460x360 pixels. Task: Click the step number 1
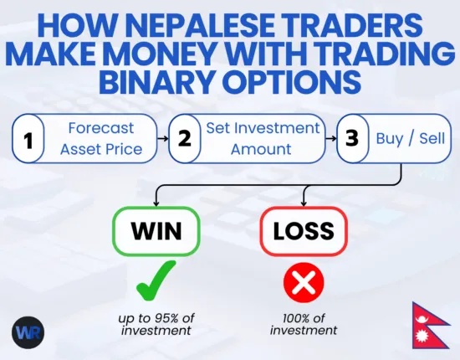click(x=28, y=140)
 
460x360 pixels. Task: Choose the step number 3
click(x=353, y=139)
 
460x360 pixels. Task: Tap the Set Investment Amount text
click(x=262, y=139)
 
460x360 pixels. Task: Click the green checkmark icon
click(x=156, y=282)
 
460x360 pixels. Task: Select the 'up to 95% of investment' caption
click(x=156, y=323)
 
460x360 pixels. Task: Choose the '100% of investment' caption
click(x=303, y=323)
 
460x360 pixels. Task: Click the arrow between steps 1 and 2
click(x=162, y=139)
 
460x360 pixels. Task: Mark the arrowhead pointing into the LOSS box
click(x=303, y=203)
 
